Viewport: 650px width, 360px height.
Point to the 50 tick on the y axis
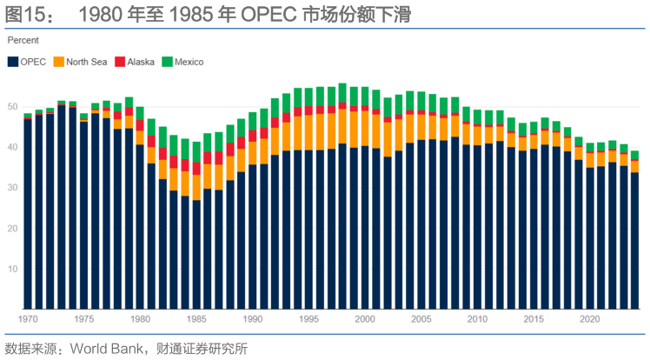coord(13,106)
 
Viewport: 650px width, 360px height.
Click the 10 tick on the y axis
coord(13,269)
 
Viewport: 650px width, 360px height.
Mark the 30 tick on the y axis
coord(13,188)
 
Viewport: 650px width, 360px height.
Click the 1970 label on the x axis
coord(28,319)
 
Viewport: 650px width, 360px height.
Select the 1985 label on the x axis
coord(196,319)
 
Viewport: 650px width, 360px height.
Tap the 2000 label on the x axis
coord(365,319)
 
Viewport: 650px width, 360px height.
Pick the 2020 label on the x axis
coord(590,319)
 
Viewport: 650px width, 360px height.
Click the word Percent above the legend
coord(24,40)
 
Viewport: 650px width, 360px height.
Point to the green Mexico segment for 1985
coord(196,151)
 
